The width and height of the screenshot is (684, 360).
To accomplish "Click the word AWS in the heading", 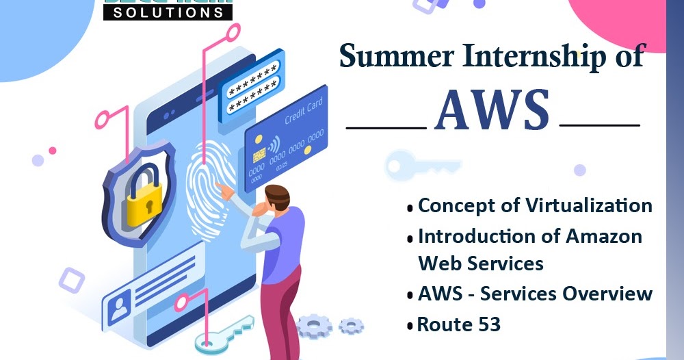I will coord(492,110).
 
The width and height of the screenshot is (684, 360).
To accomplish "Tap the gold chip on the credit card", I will coord(260,156).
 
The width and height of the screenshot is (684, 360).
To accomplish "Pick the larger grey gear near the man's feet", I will coord(314,326).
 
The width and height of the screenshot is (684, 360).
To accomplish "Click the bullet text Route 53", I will coord(459,324).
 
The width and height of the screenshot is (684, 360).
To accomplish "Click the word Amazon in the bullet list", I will coord(604,236).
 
